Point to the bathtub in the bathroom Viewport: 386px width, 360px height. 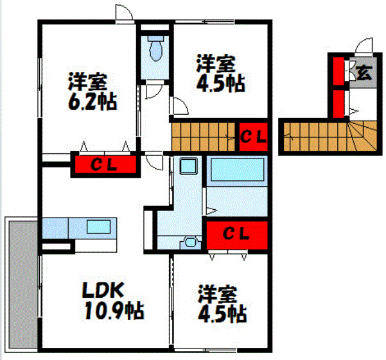click(238, 171)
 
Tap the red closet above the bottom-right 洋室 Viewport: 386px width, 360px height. click(235, 235)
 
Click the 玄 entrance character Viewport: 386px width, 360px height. click(364, 72)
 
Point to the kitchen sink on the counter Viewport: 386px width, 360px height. click(98, 227)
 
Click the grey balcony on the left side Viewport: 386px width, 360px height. click(20, 283)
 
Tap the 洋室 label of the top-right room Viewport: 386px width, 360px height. click(215, 64)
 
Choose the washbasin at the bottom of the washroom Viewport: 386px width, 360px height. click(189, 242)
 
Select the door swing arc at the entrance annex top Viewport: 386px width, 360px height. click(364, 47)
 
